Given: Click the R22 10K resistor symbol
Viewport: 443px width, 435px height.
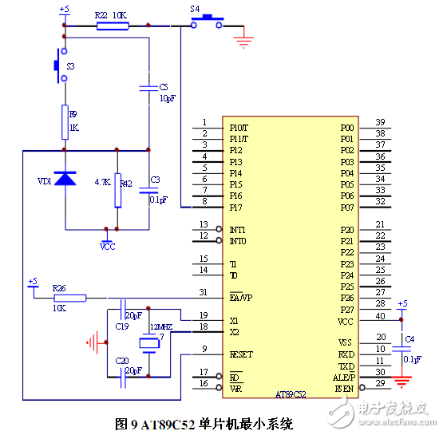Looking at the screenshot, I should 113,26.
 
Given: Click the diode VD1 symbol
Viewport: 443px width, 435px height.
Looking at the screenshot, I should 65,180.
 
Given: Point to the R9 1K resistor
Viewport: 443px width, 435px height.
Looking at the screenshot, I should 65,122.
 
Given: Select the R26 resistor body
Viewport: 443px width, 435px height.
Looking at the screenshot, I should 70,298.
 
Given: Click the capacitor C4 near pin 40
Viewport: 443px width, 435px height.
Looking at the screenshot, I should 402,348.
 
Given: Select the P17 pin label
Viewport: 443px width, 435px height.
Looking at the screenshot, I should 236,208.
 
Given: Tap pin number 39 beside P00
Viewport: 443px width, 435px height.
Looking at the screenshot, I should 380,122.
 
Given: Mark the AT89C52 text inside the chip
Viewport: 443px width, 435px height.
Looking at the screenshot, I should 291,394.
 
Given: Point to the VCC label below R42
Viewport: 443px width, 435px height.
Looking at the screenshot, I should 107,247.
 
